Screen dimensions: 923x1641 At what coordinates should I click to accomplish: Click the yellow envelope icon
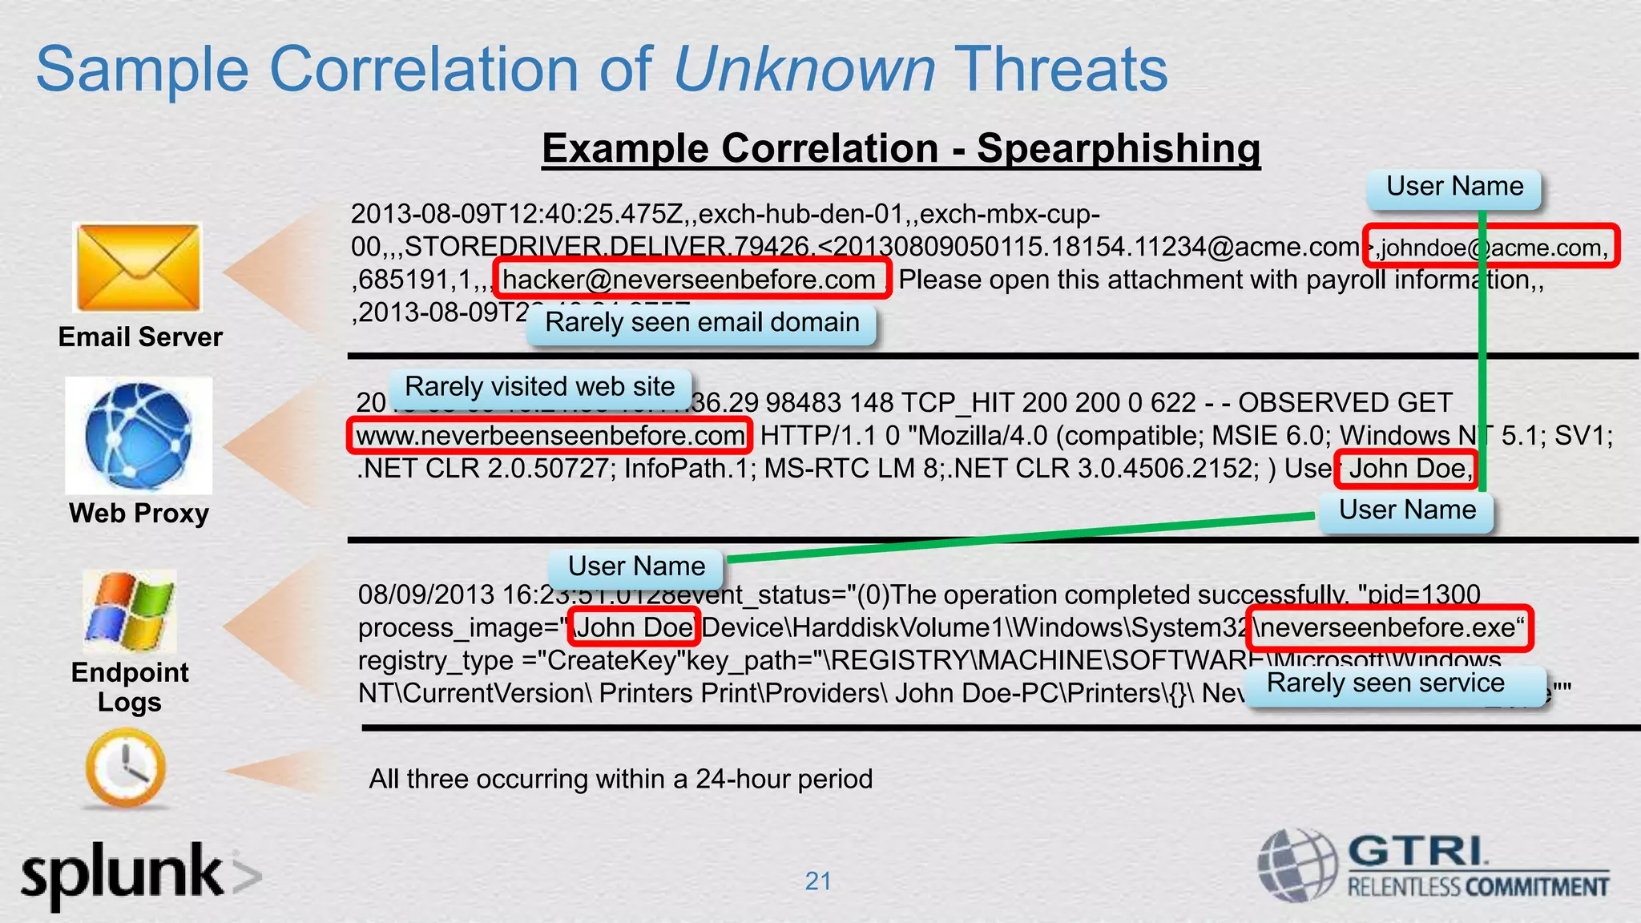point(137,268)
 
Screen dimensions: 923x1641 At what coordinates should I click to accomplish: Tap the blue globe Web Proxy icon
point(139,436)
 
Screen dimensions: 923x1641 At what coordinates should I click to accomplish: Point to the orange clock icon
point(126,768)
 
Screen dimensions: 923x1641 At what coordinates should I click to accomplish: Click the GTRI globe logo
point(1296,865)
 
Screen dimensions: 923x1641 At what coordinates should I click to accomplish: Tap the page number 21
point(818,881)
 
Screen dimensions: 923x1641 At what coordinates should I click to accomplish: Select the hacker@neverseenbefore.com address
point(690,280)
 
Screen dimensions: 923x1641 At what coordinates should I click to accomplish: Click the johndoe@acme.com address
point(1493,247)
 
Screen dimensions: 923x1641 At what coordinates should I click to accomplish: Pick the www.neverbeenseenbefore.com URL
point(550,436)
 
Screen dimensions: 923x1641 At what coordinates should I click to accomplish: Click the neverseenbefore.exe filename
point(1389,627)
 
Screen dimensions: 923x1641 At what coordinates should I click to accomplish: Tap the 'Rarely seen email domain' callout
point(702,323)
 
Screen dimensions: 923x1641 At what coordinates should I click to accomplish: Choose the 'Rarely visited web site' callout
point(540,387)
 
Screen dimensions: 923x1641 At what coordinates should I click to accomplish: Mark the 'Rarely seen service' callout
point(1386,683)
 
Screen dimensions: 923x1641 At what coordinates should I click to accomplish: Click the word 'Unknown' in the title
point(804,69)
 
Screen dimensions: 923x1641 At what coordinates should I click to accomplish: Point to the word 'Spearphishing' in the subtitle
point(1119,148)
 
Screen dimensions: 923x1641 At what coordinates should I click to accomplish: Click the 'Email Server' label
point(140,337)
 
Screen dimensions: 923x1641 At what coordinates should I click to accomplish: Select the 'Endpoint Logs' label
point(130,687)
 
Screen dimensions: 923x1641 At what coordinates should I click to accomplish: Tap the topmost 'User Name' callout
point(1454,187)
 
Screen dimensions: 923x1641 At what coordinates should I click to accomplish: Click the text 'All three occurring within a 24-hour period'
point(620,779)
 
